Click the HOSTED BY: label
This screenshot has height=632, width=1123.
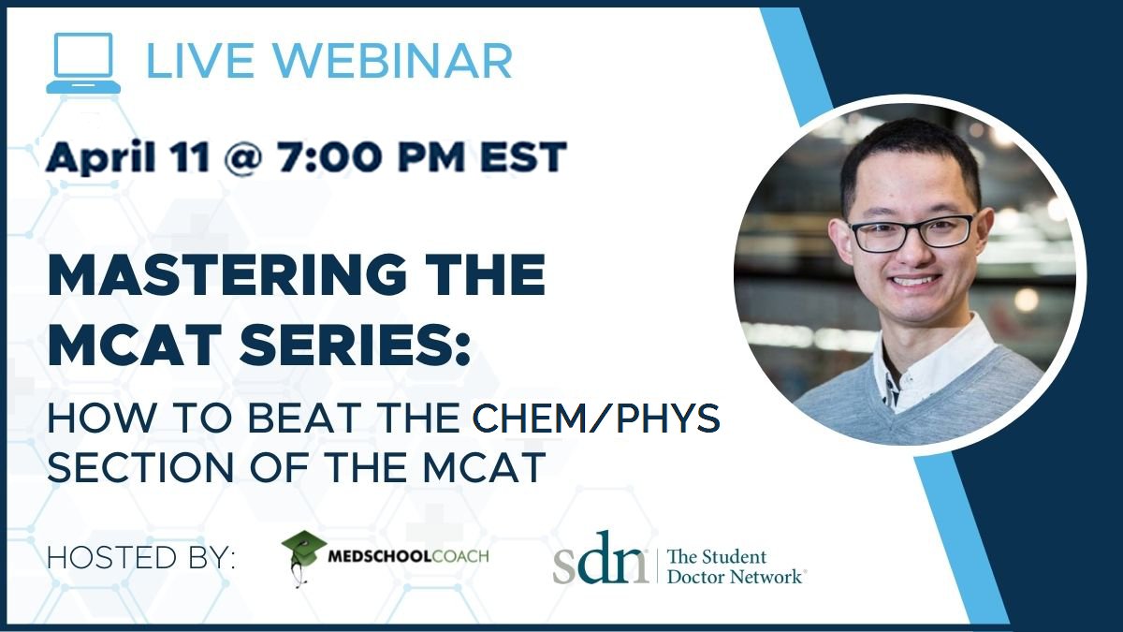pos(141,558)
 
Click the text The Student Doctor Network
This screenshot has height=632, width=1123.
pos(735,566)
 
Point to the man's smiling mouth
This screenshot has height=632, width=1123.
pos(916,280)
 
